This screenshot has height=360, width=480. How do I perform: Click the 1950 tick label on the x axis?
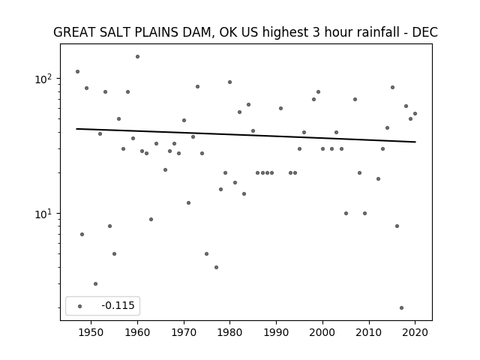click(x=91, y=332)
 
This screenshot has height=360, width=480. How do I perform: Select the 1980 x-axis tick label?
click(x=229, y=332)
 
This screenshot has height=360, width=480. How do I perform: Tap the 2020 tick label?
click(x=415, y=332)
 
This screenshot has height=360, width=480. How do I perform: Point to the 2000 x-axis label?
click(x=322, y=332)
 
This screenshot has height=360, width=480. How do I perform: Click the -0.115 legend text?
click(x=118, y=305)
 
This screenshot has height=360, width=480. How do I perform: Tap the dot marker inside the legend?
click(x=80, y=306)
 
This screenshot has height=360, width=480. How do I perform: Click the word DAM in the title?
click(x=196, y=32)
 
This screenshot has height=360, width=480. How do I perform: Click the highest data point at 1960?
click(x=138, y=57)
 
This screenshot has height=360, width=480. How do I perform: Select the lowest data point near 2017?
click(x=402, y=308)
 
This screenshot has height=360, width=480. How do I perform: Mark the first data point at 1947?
click(x=78, y=72)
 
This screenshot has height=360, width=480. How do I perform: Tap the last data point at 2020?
click(x=415, y=113)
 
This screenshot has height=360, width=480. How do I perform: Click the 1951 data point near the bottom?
click(x=95, y=283)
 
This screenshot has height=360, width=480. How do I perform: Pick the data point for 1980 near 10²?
click(x=230, y=82)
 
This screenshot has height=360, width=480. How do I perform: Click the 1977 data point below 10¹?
click(x=217, y=267)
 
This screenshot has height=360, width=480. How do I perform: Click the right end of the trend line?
click(x=415, y=142)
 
